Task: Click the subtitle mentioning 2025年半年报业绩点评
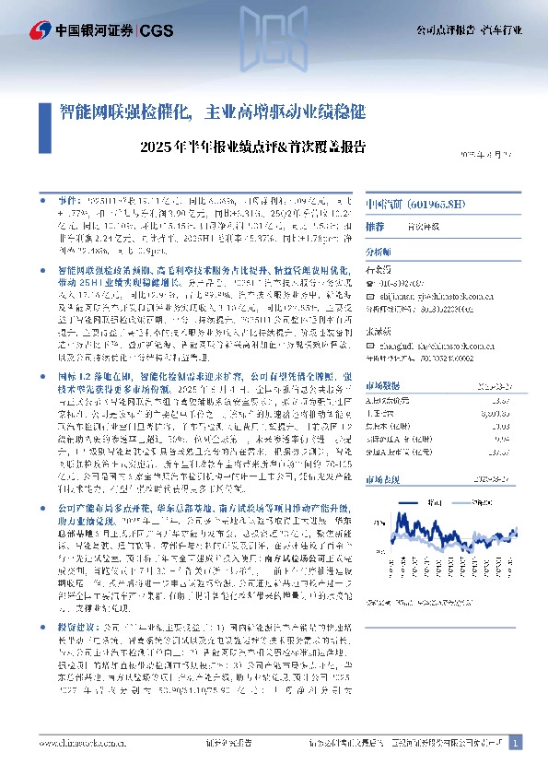[254, 146]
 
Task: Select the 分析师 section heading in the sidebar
[379, 251]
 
